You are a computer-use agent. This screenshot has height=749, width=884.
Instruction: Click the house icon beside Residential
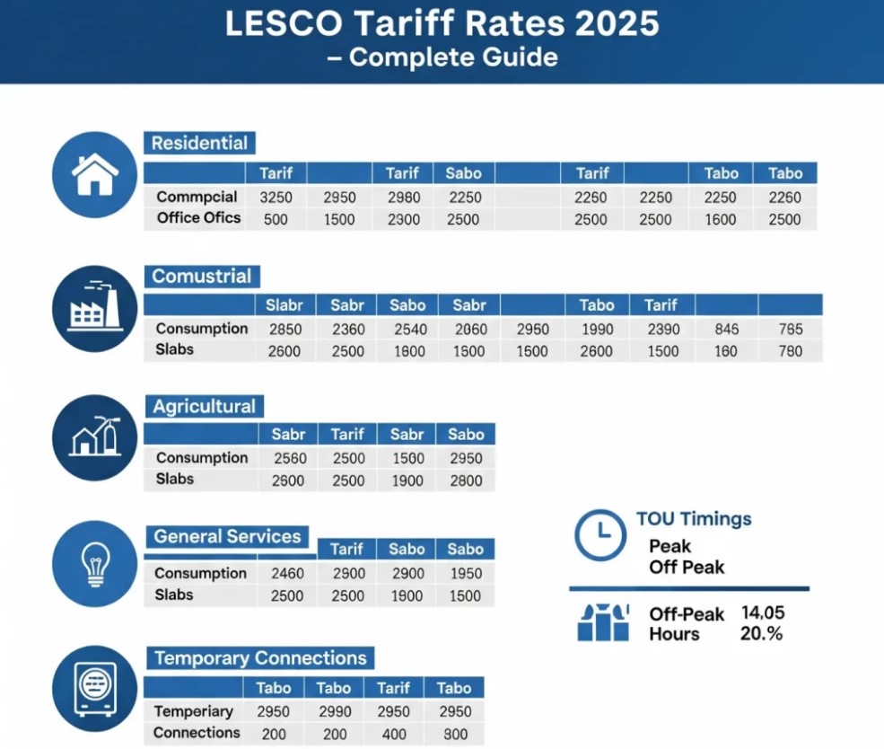[94, 174]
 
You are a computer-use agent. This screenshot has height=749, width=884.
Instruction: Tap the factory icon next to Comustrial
[94, 307]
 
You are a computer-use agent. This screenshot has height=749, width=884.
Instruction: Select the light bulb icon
[94, 565]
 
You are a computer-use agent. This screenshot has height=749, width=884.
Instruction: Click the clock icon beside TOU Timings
[599, 535]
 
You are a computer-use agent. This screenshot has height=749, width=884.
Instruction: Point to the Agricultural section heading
[204, 407]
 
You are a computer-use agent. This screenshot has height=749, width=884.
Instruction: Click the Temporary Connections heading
[260, 658]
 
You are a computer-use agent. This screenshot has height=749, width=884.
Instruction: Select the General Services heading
[227, 537]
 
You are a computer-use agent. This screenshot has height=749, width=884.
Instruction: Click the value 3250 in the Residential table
[275, 198]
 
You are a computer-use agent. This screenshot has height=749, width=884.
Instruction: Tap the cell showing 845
[726, 330]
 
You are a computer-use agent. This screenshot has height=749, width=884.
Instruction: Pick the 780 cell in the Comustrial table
[790, 351]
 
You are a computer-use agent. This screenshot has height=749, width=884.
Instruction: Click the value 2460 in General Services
[287, 573]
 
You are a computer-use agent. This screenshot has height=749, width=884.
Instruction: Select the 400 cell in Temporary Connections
[393, 734]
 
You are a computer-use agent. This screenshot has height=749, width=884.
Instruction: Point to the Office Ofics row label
[198, 218]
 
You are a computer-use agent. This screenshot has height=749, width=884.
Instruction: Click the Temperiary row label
[193, 711]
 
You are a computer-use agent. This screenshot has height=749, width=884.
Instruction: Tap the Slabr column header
[284, 305]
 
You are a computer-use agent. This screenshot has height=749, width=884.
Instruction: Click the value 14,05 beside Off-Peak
[763, 612]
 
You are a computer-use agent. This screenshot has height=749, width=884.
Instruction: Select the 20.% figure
[762, 633]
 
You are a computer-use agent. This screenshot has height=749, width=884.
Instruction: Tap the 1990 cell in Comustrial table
[598, 330]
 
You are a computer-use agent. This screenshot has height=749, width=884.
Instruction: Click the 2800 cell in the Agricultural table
[465, 480]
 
